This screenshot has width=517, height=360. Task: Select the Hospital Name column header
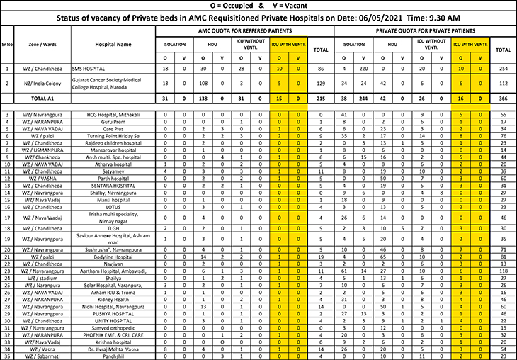click(x=113, y=44)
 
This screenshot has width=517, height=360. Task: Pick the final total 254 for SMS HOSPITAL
click(x=504, y=69)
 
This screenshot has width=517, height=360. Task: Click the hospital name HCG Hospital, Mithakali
click(x=113, y=114)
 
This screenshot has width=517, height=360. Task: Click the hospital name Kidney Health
click(x=113, y=300)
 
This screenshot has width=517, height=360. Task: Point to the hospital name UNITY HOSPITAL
click(x=113, y=321)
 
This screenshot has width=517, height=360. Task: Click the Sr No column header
click(x=7, y=44)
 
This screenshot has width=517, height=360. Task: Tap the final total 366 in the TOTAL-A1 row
click(x=504, y=97)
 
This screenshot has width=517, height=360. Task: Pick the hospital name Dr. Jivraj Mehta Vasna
click(x=113, y=349)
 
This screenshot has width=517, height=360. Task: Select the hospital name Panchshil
click(x=113, y=356)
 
